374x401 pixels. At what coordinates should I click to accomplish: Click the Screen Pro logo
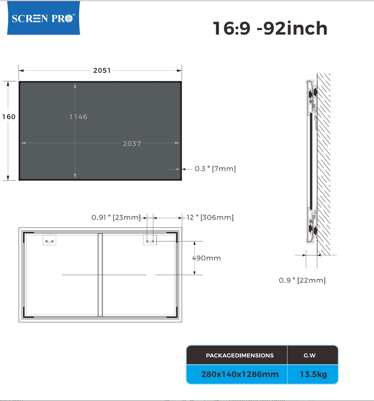point(43,18)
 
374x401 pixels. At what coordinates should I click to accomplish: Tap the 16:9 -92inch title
point(270,28)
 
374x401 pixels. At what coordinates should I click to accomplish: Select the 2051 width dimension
point(102,70)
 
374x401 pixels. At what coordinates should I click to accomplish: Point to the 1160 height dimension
point(9,117)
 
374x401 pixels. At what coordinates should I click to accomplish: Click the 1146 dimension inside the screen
point(78,117)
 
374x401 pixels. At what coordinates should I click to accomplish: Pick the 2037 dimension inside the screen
point(132,144)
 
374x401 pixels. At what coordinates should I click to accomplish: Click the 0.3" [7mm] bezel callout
point(215,169)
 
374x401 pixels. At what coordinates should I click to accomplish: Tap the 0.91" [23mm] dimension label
point(116,217)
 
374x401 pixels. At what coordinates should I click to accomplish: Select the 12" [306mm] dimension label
point(210,217)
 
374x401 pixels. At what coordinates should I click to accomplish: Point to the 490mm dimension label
point(206,258)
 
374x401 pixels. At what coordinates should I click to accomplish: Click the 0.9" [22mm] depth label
point(302,280)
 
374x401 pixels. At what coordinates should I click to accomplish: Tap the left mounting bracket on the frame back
point(49,240)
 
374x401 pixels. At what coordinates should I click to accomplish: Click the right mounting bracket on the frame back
point(150,240)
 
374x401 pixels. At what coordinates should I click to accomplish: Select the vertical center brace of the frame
point(100,275)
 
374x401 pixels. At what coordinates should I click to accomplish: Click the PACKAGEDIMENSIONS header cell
point(240,355)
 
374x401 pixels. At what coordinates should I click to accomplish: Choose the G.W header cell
point(310,355)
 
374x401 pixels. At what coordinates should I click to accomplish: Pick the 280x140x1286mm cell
point(240,374)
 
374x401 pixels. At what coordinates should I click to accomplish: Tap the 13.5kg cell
point(313,374)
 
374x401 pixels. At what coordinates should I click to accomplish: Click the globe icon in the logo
point(69,18)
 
